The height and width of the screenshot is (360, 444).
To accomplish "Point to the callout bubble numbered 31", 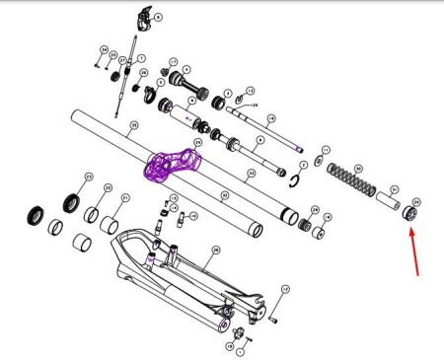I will click(x=394, y=189).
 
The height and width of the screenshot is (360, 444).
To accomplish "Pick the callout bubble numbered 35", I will click(x=133, y=125).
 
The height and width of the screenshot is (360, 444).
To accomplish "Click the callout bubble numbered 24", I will click(x=197, y=142).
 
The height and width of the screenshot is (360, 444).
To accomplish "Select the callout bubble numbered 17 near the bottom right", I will click(x=285, y=289).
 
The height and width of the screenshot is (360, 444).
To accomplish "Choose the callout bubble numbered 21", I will click(x=125, y=198).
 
